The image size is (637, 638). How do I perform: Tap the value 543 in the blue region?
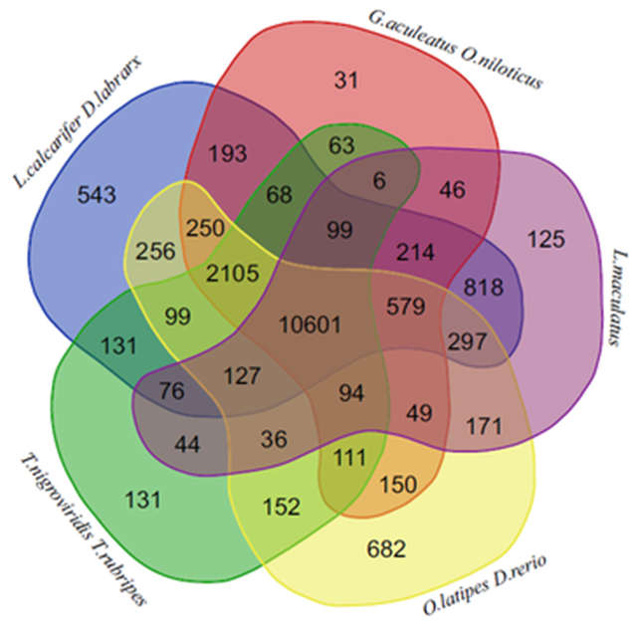[x=97, y=194]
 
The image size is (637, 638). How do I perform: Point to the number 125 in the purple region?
[x=546, y=239]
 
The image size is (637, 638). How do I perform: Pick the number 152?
[x=282, y=507]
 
